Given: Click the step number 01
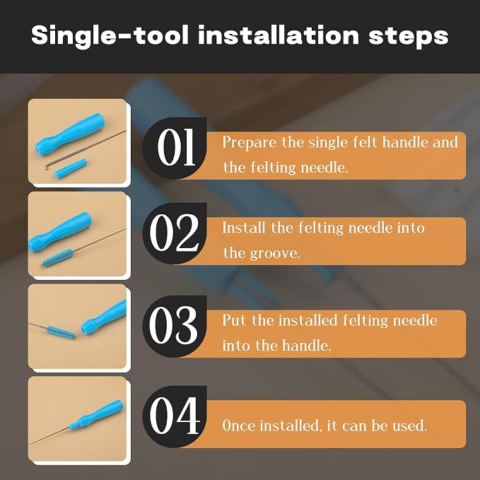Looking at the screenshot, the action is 176,147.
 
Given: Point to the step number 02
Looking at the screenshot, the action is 175,233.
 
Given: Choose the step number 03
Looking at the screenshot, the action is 173,324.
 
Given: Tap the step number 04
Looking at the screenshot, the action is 175,416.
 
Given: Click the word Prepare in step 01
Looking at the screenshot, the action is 249,143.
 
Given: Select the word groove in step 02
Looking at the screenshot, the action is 276,254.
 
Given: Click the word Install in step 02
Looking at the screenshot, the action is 244,228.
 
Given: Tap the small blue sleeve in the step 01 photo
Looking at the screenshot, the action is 71,169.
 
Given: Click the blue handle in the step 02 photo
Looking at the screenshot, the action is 60,232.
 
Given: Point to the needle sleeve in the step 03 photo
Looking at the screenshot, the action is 61,332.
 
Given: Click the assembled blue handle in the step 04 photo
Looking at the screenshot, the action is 96,414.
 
